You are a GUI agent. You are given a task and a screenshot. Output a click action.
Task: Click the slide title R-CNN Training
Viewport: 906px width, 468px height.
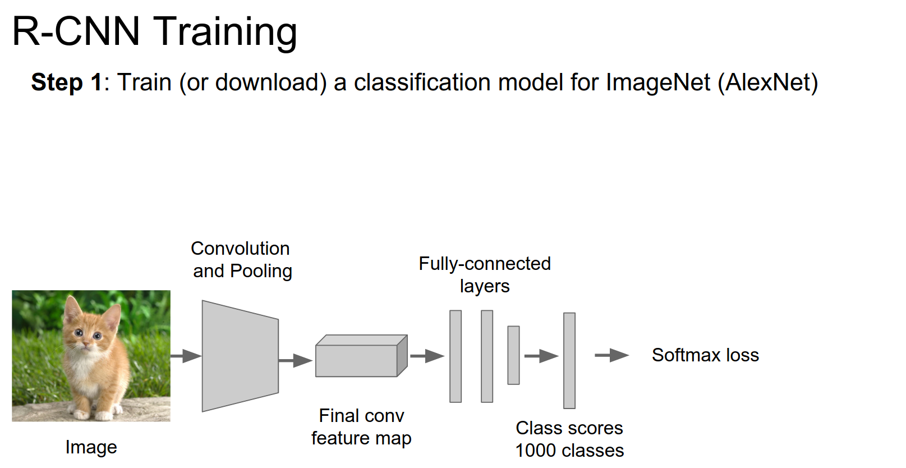(x=154, y=31)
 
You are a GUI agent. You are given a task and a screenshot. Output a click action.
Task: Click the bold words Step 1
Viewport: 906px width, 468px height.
(x=67, y=82)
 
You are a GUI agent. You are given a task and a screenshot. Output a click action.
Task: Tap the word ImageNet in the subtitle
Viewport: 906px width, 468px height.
(x=657, y=82)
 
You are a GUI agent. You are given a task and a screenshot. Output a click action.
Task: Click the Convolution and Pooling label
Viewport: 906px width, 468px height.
(x=241, y=259)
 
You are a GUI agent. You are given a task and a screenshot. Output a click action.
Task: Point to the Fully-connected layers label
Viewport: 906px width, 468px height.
(x=485, y=274)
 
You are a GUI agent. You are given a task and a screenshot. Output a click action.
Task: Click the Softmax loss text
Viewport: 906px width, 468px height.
(x=705, y=355)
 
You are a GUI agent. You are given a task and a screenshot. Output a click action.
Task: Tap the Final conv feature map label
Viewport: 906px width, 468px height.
(x=361, y=427)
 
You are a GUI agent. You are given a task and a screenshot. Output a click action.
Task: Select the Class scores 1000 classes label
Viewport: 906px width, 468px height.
(x=569, y=439)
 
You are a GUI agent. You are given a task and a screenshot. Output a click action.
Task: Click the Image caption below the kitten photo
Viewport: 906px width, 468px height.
(x=91, y=447)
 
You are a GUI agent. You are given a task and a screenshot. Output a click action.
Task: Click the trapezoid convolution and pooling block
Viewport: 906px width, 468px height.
(x=240, y=356)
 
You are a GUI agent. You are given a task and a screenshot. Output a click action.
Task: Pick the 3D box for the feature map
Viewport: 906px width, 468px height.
(x=361, y=357)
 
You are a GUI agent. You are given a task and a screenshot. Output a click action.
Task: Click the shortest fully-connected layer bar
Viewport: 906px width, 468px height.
(x=513, y=355)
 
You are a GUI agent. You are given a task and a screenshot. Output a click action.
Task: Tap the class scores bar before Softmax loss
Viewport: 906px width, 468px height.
(x=569, y=360)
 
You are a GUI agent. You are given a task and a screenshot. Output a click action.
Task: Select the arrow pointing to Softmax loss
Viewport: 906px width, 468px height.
(x=611, y=355)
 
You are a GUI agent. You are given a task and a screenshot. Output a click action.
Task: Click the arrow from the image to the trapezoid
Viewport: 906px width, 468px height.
(x=186, y=356)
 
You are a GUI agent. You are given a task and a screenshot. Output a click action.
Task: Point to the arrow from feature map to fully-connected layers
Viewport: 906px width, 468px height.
(x=427, y=356)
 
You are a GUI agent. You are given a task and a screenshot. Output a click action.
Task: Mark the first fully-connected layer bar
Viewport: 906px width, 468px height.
(x=456, y=356)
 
